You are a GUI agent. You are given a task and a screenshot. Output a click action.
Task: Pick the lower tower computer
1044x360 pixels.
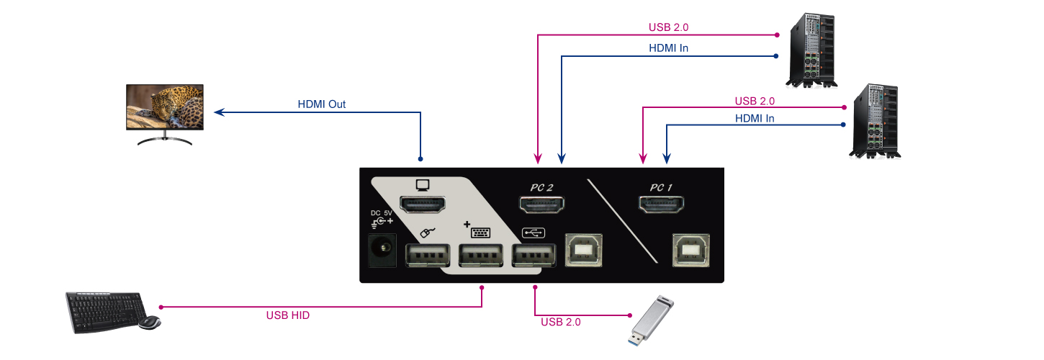click(875, 120)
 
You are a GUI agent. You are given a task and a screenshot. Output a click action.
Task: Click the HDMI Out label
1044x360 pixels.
click(322, 104)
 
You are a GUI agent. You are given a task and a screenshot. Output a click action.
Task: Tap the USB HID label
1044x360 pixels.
click(287, 315)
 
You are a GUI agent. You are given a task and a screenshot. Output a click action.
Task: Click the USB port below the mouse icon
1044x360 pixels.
click(426, 256)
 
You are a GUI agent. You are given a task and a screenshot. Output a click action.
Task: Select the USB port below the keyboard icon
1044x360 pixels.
click(479, 256)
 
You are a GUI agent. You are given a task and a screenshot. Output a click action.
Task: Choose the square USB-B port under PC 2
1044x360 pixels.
click(585, 249)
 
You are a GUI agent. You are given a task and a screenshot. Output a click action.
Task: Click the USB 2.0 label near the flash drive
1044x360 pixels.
click(560, 322)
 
